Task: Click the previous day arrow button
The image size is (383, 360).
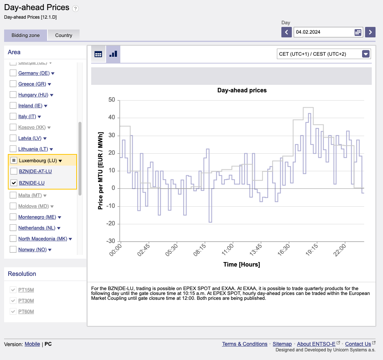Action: tap(286, 32)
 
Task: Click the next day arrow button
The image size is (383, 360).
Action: tap(370, 32)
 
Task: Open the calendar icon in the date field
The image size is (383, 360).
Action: tap(358, 32)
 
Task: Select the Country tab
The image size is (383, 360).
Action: tap(64, 35)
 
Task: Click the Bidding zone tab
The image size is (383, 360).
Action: tap(25, 35)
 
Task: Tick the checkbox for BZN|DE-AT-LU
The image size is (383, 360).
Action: tap(14, 171)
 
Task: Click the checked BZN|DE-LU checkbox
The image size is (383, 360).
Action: tap(14, 183)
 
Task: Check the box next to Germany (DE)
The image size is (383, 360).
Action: tap(13, 73)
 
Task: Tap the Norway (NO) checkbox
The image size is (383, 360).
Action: tap(13, 249)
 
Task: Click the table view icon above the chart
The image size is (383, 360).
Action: tap(98, 54)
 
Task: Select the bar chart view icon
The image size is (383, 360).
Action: tap(113, 54)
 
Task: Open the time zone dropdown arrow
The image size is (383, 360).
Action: tap(366, 54)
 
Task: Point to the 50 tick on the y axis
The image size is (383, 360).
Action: tap(111, 100)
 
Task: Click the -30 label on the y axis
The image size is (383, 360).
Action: tap(110, 241)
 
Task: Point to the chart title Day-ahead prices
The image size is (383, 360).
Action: tap(242, 90)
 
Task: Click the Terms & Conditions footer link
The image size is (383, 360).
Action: tap(245, 344)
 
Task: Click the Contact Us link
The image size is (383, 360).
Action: tap(358, 344)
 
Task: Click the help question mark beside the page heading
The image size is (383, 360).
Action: tap(75, 9)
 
